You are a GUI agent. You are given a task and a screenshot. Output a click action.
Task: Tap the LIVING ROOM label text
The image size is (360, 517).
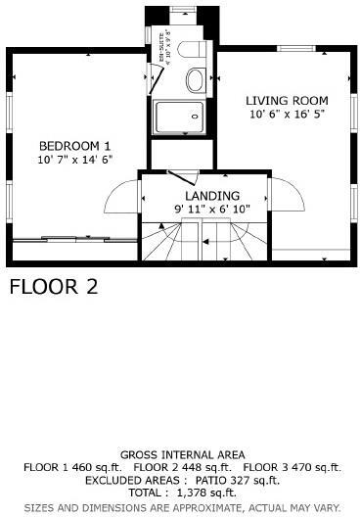pos(286,101)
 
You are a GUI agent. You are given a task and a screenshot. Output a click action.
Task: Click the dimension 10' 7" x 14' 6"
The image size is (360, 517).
pos(74,158)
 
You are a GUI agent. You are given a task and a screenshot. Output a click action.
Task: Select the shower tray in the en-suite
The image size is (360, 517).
pos(181,115)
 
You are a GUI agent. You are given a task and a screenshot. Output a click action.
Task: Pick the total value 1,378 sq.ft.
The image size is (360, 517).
pos(207,494)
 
